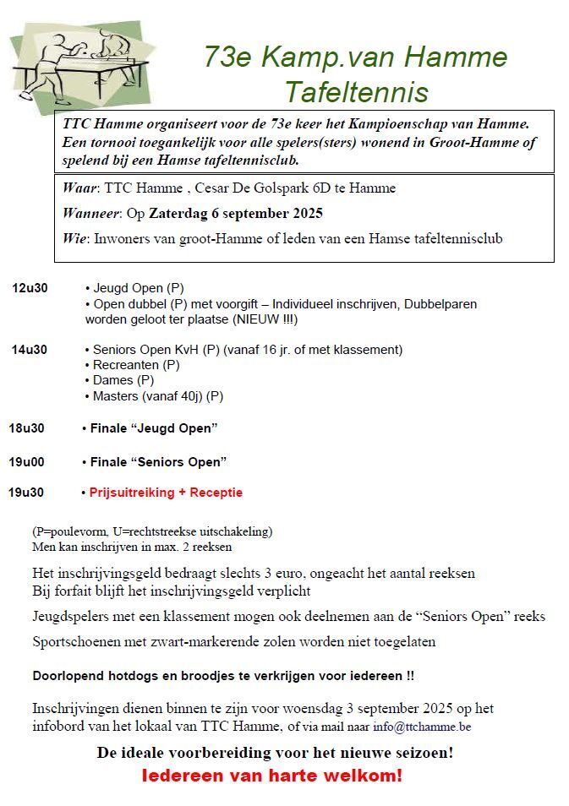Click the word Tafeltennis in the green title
point(356,90)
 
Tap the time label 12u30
point(30,288)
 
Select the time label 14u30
point(30,350)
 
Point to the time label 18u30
point(26,428)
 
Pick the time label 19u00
point(26,462)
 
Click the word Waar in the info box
point(79,188)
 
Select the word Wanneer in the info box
point(90,213)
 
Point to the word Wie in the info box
point(74,238)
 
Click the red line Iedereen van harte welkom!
point(271,775)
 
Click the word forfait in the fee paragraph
point(72,591)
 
